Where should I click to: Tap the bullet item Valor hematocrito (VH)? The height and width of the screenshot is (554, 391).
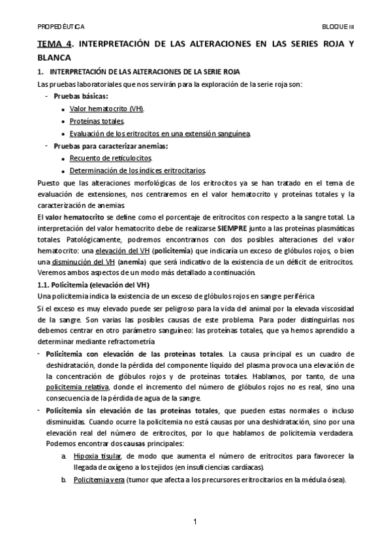pyautogui.click(x=107, y=108)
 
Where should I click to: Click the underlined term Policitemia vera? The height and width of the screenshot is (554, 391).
pyautogui.click(x=98, y=480)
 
